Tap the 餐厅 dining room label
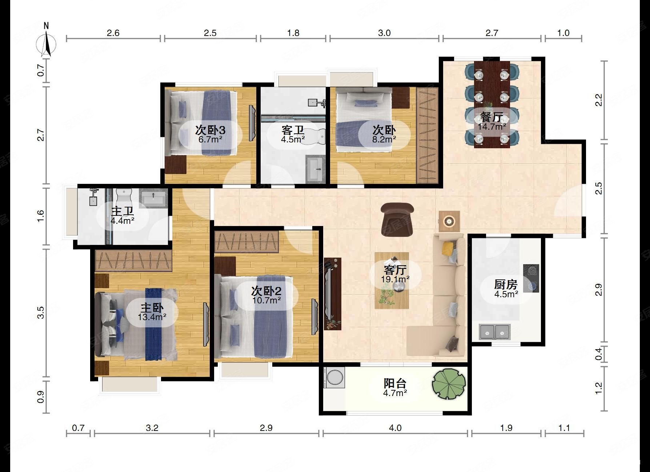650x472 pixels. [x=491, y=117]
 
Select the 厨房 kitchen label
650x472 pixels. [x=506, y=284]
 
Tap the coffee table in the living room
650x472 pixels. [x=392, y=281]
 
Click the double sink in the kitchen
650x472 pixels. [x=495, y=331]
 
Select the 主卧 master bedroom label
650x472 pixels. [x=152, y=308]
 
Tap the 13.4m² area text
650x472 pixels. [x=152, y=317]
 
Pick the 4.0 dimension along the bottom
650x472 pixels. [x=395, y=428]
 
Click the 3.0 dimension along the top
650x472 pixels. [x=384, y=33]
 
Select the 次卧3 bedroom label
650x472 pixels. [x=210, y=130]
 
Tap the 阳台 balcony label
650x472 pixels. [x=395, y=383]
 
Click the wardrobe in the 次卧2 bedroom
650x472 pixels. [x=246, y=242]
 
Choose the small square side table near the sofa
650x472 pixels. [x=449, y=221]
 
